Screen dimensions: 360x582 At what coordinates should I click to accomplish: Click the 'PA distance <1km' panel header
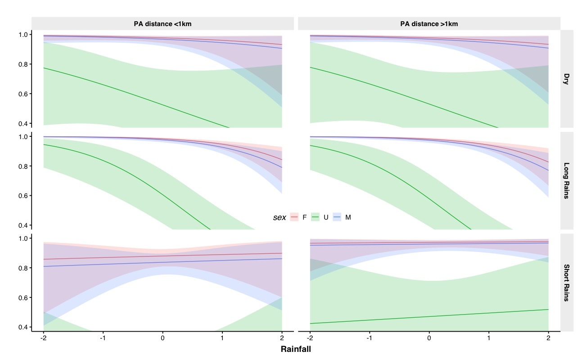pyautogui.click(x=162, y=24)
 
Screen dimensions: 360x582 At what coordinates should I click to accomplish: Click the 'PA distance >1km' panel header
pyautogui.click(x=429, y=24)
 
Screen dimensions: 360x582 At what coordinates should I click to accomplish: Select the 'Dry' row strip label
pyautogui.click(x=566, y=79)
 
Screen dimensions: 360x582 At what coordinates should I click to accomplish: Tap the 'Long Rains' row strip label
pyautogui.click(x=566, y=180)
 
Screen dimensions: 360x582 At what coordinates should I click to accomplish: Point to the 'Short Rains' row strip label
pyautogui.click(x=566, y=283)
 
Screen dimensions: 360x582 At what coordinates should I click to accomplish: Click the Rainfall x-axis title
pyautogui.click(x=296, y=349)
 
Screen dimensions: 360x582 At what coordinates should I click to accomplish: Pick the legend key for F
pyautogui.click(x=294, y=217)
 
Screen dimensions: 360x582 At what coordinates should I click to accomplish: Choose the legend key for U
pyautogui.click(x=316, y=217)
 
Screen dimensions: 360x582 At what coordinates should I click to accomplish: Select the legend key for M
pyautogui.click(x=337, y=217)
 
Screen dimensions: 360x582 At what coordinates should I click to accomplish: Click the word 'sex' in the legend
pyautogui.click(x=279, y=217)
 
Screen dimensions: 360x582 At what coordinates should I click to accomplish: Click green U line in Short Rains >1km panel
pyautogui.click(x=429, y=316)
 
